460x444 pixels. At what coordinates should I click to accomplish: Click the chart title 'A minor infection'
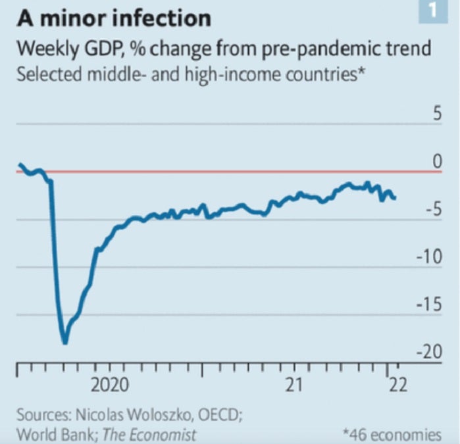(x=114, y=18)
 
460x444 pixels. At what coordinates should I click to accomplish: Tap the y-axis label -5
(x=430, y=210)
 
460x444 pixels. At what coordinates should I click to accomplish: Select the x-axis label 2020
(x=109, y=384)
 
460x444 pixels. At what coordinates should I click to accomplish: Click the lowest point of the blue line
(x=64, y=342)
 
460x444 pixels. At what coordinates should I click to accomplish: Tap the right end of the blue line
(x=394, y=197)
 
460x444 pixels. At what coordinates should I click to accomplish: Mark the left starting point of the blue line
(x=20, y=164)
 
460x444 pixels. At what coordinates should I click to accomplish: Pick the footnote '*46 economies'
(x=392, y=434)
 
